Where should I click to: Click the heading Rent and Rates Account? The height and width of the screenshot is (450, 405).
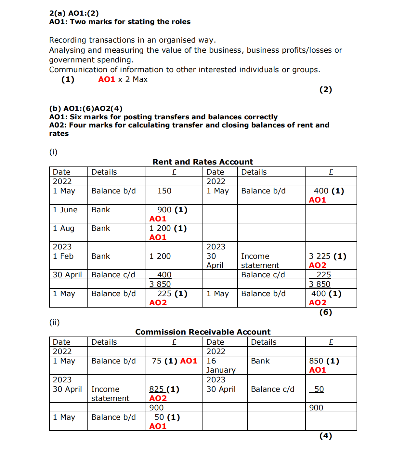click(203, 162)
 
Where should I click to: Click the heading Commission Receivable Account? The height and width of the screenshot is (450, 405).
click(203, 332)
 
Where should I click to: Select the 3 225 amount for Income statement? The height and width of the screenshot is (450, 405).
click(320, 256)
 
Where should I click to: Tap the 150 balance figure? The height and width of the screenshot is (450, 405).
click(164, 191)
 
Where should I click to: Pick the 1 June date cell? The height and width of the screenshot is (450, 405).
click(65, 210)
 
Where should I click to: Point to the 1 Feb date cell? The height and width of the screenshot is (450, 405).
click(63, 256)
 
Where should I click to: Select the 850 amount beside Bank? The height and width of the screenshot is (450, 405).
click(316, 361)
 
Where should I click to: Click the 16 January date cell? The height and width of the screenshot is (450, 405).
click(221, 365)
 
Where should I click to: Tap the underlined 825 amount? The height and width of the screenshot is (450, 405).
click(156, 389)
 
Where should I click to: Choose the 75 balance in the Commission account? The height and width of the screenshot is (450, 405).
click(157, 361)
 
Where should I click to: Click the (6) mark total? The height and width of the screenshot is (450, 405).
click(325, 312)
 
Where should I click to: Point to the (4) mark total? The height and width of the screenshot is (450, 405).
click(325, 436)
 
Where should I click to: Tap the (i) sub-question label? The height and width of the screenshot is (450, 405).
click(53, 152)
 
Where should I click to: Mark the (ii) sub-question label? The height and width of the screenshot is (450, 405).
click(54, 322)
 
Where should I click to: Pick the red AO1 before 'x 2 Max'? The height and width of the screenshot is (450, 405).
click(107, 79)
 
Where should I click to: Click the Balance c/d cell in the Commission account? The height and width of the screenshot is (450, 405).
click(272, 389)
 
